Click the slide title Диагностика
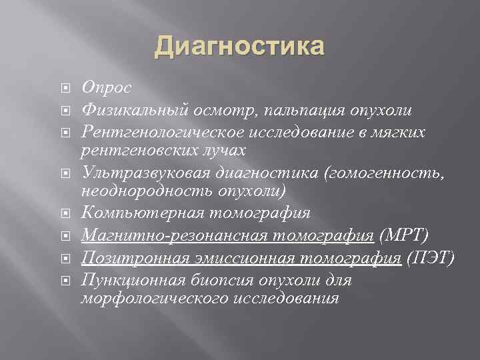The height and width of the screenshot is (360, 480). point(240,47)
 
